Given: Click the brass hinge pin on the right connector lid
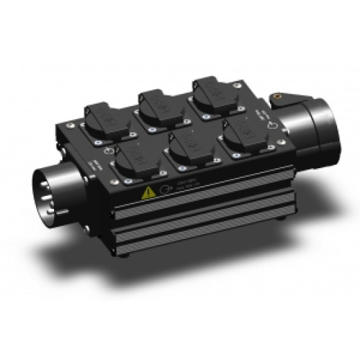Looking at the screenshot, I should coord(282,96).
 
